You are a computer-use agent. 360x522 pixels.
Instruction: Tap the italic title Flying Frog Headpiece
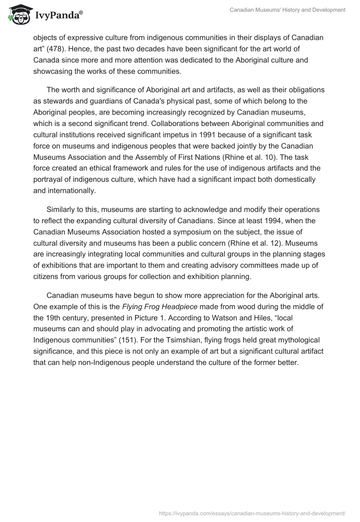(160, 307)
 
